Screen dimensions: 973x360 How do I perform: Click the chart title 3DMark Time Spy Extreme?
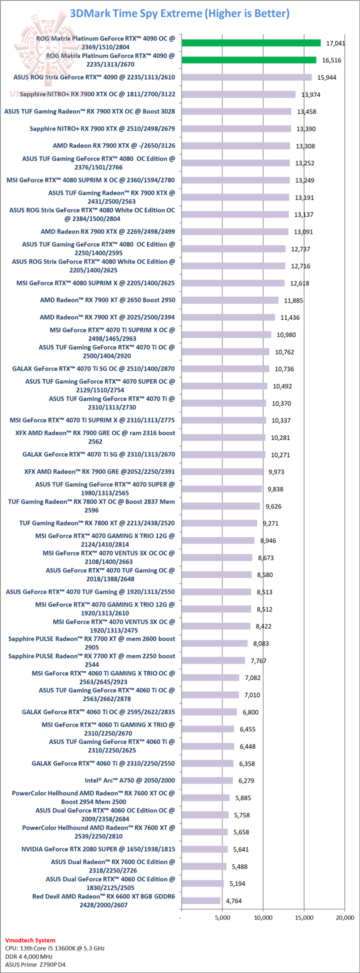pyautogui.click(x=179, y=13)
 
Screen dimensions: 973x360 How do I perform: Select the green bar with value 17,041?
pyautogui.click(x=251, y=43)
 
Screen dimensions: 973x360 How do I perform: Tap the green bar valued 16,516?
pyautogui.click(x=249, y=60)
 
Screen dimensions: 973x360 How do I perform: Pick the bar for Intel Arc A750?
pyautogui.click(x=207, y=780)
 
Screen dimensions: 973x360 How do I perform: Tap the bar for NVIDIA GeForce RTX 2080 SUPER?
pyautogui.click(x=204, y=849)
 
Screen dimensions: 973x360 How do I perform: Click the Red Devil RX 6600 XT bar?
pyautogui.click(x=201, y=900)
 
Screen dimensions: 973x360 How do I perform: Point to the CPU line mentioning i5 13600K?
pyautogui.click(x=54, y=948)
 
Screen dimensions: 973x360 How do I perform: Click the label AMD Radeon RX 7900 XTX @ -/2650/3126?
pyautogui.click(x=114, y=145)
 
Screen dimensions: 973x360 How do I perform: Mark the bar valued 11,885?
pyautogui.click(x=230, y=300)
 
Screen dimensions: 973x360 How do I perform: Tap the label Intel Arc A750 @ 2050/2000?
pyautogui.click(x=130, y=780)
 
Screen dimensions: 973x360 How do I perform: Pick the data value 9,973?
pyautogui.click(x=278, y=472)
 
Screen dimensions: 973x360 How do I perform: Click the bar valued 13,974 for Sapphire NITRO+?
pyautogui.click(x=238, y=94)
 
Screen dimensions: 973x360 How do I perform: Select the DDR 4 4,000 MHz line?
pyautogui.click(x=28, y=956)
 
